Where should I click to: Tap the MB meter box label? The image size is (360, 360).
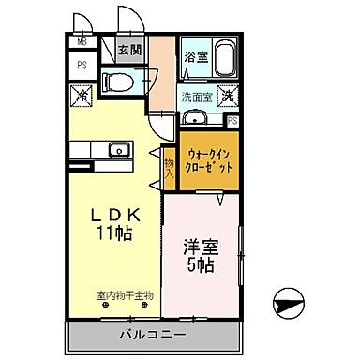coord(82,42)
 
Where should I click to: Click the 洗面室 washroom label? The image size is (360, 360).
coord(197,96)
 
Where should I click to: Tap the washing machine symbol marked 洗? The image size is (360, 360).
coord(228,95)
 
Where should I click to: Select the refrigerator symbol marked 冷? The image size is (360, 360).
coord(82,95)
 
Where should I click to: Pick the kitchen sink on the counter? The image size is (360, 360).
coord(118,150)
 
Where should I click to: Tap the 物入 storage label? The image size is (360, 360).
coord(170,168)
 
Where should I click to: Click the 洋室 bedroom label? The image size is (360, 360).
coord(200,249)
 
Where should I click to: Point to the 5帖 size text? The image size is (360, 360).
coord(200,267)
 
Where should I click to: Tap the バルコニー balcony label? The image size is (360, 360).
coord(152,335)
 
